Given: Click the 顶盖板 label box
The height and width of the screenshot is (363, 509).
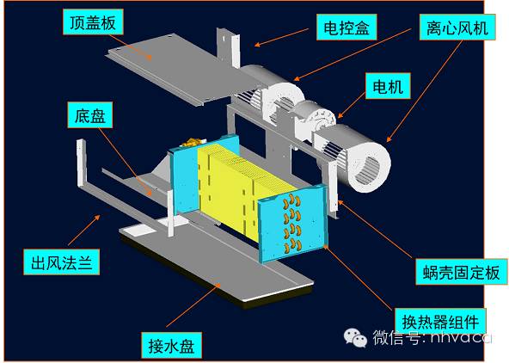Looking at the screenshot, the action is click(93, 22).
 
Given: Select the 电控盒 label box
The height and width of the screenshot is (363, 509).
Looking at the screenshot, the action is click(346, 28).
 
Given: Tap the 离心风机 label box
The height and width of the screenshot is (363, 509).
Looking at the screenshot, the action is click(457, 28).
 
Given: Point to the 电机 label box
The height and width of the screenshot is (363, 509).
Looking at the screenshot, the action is click(388, 86).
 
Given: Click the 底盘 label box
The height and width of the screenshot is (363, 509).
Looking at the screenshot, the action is click(90, 115).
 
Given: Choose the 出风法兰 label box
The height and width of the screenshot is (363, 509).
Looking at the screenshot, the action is click(61, 262).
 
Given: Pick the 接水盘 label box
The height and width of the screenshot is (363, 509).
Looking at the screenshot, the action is click(171, 345).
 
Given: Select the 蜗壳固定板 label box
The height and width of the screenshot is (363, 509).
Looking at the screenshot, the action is click(461, 272).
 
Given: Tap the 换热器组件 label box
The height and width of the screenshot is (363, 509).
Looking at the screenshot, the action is click(440, 321).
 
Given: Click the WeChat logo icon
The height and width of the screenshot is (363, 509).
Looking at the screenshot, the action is click(355, 338).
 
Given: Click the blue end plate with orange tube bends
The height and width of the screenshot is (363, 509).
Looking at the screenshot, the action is click(292, 223).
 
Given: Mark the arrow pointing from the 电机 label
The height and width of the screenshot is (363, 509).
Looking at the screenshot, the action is click(352, 105).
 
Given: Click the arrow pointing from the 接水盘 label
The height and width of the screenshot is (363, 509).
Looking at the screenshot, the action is click(193, 305).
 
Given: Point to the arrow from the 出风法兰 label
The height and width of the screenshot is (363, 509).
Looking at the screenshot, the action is click(84, 230).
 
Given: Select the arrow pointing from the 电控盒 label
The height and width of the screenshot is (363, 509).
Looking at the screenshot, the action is click(281, 37).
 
